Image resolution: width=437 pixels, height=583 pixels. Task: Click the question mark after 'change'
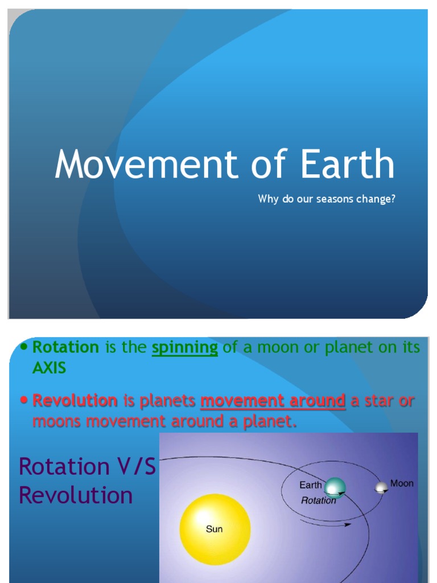coord(392,199)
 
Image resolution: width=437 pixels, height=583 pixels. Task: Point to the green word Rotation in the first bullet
coord(66,347)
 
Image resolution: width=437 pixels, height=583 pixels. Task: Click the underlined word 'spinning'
coord(185,348)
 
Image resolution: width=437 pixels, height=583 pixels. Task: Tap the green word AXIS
coord(49,368)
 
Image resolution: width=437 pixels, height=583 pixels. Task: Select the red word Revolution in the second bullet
coord(75,400)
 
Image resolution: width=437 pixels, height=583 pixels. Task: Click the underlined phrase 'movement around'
coord(273,400)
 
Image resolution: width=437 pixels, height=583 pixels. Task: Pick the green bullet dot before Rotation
coord(24,347)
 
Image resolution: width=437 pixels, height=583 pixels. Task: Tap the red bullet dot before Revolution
coord(24,400)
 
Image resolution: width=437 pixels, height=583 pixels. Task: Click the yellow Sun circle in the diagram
coord(215,529)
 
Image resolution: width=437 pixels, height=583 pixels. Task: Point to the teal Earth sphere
coord(335,487)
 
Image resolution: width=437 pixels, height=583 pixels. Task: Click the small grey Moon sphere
coord(381,488)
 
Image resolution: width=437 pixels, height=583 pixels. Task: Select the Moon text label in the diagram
coord(402,483)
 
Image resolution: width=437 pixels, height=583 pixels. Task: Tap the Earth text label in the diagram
coord(311,486)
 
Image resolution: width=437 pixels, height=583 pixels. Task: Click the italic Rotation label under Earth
coord(318,500)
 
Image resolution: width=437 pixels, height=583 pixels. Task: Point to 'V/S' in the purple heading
coord(137,467)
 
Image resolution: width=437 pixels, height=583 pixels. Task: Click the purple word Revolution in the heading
coord(76,495)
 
